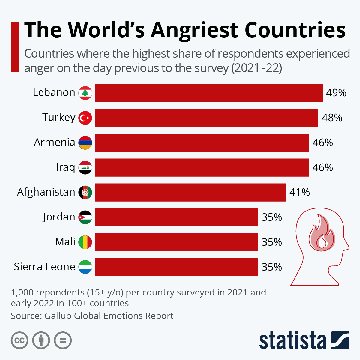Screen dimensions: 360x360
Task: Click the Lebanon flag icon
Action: tap(85, 93)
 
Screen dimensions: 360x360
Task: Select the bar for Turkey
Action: tap(207, 118)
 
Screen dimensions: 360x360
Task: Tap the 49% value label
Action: tap(336, 93)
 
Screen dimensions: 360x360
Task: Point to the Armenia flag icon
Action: tap(85, 143)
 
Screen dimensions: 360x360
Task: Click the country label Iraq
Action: tap(65, 167)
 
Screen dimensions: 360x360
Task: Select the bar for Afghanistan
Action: tap(190, 193)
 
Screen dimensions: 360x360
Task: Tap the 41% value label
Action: tap(299, 192)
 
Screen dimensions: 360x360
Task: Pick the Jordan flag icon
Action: tap(85, 217)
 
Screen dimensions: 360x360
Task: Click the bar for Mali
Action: tap(176, 242)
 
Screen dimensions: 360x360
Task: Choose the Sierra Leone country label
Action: tap(44, 267)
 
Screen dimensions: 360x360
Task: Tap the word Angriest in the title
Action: tap(194, 30)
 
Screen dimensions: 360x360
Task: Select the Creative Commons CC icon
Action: tap(19, 340)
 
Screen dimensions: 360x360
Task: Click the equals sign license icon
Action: tap(63, 340)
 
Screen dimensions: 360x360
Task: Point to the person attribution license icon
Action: tap(41, 340)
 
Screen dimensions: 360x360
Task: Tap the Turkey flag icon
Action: tap(85, 118)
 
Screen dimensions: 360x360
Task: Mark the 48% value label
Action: tap(332, 118)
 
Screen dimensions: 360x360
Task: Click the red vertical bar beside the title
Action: tap(15, 47)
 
